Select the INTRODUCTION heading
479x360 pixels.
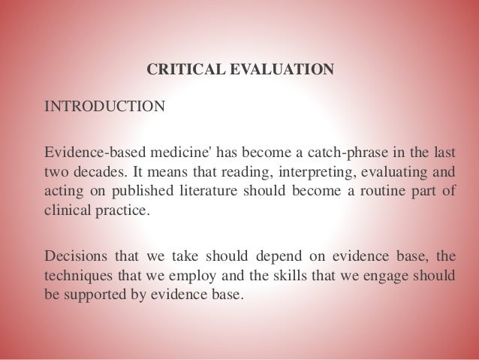(x=104, y=105)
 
